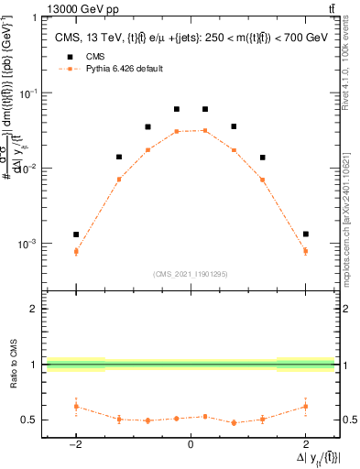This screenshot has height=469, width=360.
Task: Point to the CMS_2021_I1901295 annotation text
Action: pyautogui.click(x=190, y=273)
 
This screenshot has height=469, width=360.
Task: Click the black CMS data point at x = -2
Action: pyautogui.click(x=76, y=234)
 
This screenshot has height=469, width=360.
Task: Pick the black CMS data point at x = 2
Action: pyautogui.click(x=305, y=234)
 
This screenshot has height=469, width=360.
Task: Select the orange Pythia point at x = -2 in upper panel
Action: pyautogui.click(x=76, y=251)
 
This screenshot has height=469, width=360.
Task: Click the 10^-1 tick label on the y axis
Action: pyautogui.click(x=28, y=93)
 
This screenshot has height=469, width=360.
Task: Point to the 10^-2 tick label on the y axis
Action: pyautogui.click(x=28, y=169)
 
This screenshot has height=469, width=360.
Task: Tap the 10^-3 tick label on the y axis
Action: pyautogui.click(x=28, y=244)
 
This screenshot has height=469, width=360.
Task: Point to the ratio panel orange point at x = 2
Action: pyautogui.click(x=305, y=406)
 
